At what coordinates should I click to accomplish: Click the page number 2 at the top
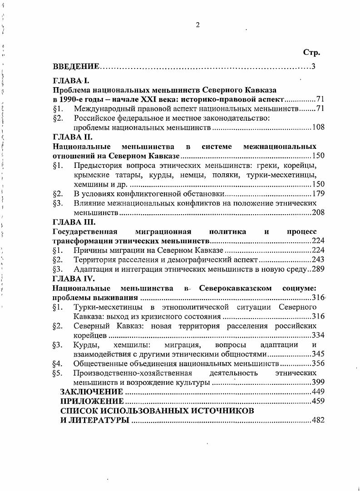(x=197, y=25)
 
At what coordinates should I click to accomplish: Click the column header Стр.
(x=311, y=53)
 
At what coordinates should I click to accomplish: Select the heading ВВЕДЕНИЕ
(x=76, y=67)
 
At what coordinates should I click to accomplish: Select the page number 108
(x=318, y=128)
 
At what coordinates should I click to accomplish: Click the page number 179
(x=318, y=194)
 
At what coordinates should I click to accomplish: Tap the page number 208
(x=318, y=212)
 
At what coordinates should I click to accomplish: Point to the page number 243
(x=318, y=260)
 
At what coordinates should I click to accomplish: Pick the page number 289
(x=318, y=269)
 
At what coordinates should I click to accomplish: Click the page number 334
(x=318, y=335)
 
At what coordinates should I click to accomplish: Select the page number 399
(x=318, y=383)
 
